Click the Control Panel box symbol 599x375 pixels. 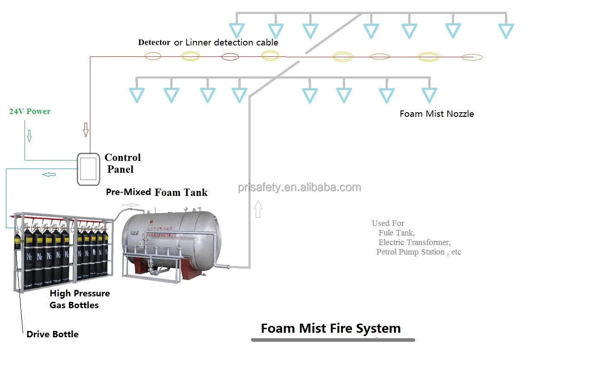88,169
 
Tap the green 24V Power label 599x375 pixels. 30,111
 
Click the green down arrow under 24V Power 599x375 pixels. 29,136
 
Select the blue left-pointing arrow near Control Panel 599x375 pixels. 49,175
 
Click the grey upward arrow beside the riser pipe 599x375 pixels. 258,210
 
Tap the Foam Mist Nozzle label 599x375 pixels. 436,114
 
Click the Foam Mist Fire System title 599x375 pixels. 331,328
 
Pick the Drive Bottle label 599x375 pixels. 52,334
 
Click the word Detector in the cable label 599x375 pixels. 154,42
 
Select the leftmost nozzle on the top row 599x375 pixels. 237,30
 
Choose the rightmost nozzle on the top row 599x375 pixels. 505,30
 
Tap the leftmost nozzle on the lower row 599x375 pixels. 137,95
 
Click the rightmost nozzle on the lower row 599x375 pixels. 429,95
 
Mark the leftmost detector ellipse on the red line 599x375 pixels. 153,56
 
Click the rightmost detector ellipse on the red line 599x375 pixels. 472,57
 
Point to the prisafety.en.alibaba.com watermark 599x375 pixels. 299,187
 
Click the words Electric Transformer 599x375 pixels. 414,242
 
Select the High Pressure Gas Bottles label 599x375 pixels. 79,299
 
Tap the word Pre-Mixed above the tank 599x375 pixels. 128,192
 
